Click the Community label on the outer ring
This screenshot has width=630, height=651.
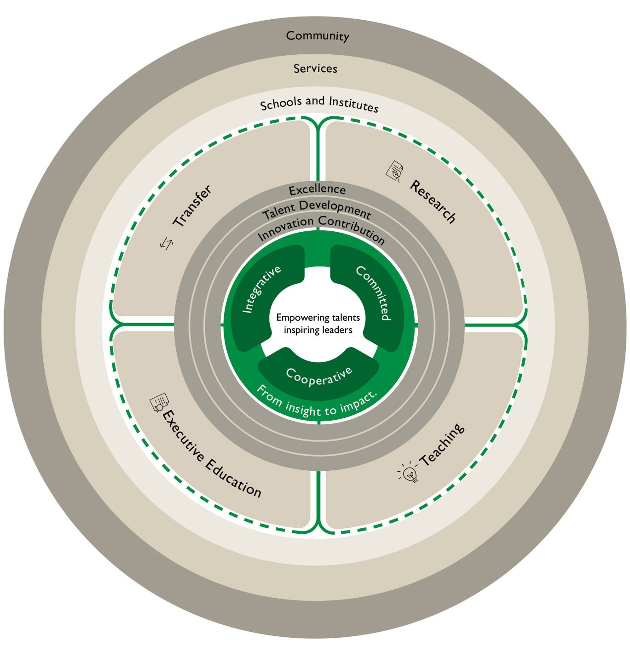pyautogui.click(x=317, y=36)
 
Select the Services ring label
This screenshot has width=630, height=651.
pyautogui.click(x=315, y=69)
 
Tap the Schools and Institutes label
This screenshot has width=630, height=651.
pyautogui.click(x=319, y=104)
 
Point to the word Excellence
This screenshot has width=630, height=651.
pyautogui.click(x=317, y=189)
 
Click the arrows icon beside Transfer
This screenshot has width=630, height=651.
pyautogui.click(x=167, y=243)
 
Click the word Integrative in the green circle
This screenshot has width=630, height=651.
pyautogui.click(x=261, y=290)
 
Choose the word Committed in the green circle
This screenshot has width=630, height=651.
pyautogui.click(x=374, y=292)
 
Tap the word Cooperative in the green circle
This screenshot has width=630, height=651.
pyautogui.click(x=318, y=376)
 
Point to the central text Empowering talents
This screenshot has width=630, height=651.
pyautogui.click(x=318, y=318)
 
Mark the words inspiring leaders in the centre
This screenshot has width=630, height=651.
pyautogui.click(x=318, y=330)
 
